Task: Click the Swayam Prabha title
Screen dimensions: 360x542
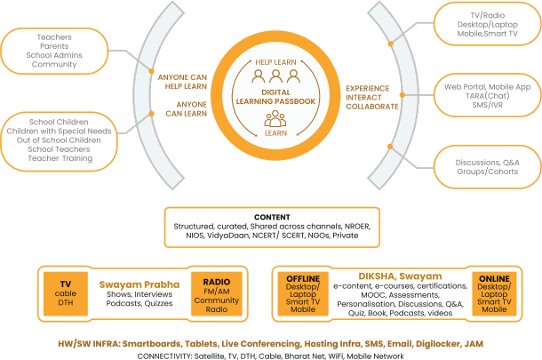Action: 139,284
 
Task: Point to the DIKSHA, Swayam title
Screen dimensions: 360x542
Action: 398,276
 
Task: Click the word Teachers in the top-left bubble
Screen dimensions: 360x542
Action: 54,36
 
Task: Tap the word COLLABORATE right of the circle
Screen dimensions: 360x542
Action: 372,105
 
